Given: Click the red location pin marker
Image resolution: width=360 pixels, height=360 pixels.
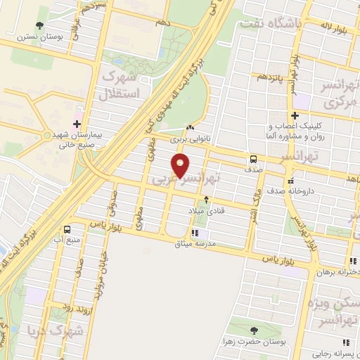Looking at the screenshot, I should click(x=181, y=167).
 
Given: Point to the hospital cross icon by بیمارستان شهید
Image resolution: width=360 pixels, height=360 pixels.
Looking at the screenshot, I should click(x=77, y=113).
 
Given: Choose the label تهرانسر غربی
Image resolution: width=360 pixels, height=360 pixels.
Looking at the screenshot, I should click(x=185, y=181).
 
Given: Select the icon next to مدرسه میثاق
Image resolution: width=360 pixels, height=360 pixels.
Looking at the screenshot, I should click(x=195, y=233).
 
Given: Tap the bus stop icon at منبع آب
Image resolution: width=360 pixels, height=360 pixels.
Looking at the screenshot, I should click(x=67, y=229).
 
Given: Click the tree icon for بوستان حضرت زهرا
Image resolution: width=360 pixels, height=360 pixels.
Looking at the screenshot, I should click(x=253, y=330).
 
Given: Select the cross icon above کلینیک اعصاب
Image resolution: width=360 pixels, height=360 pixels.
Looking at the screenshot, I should click(x=294, y=116).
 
